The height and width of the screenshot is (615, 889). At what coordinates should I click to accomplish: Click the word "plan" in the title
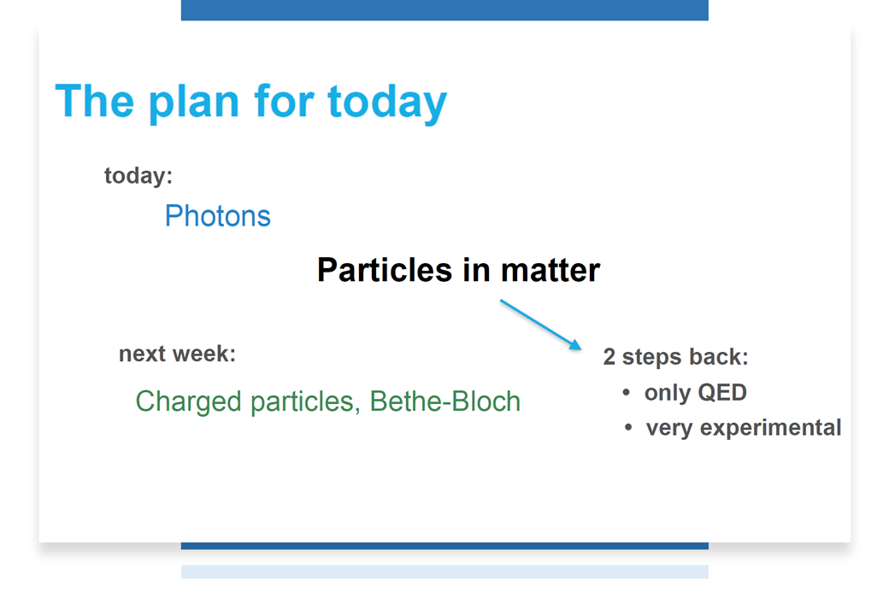(194, 102)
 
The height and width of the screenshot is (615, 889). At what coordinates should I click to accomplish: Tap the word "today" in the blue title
(387, 102)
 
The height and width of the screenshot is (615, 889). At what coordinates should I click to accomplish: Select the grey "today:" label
(138, 176)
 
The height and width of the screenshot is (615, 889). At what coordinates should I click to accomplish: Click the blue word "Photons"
(218, 216)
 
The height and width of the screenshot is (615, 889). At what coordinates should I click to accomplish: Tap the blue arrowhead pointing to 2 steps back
(575, 344)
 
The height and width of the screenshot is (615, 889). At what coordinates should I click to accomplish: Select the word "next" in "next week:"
(143, 354)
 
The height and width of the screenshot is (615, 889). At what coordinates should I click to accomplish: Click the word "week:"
(204, 354)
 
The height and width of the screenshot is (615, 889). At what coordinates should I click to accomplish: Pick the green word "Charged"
(189, 402)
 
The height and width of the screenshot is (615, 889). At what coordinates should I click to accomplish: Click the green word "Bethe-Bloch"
(445, 401)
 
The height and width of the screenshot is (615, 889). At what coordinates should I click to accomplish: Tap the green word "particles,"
(305, 402)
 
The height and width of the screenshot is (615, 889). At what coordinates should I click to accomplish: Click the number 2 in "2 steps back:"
(609, 357)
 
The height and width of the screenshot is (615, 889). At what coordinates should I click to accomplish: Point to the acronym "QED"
(721, 392)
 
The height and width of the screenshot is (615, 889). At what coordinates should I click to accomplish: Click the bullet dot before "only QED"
(627, 392)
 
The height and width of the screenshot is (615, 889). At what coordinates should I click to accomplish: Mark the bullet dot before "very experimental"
(628, 427)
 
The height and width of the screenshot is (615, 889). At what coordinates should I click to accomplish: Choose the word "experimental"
(770, 428)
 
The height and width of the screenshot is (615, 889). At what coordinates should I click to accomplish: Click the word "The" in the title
(95, 102)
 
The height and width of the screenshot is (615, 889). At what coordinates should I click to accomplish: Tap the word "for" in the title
(284, 101)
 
